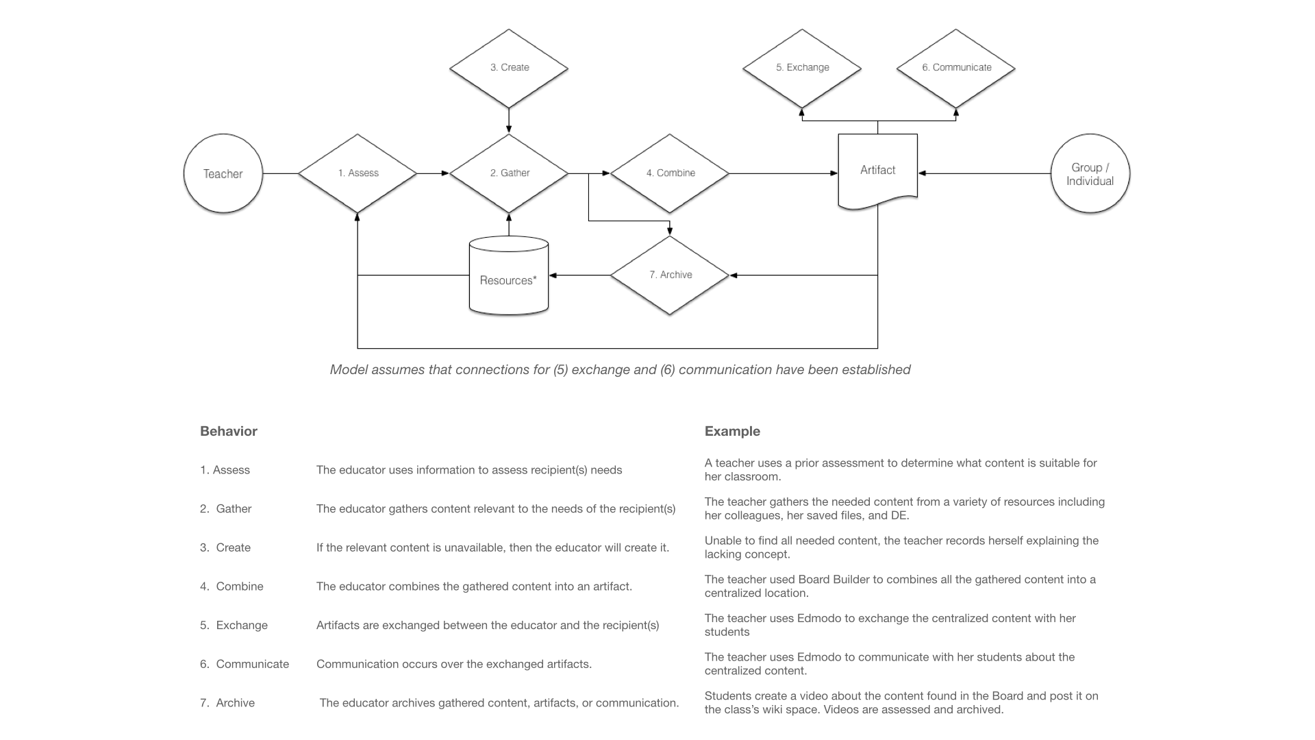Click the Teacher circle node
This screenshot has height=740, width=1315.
tap(223, 173)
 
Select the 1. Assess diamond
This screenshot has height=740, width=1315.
tap(358, 173)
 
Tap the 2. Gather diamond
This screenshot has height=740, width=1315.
tap(509, 173)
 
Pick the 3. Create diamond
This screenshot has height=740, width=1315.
tap(509, 68)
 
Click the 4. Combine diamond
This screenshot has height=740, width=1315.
tap(670, 173)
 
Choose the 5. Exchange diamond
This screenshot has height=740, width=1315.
tap(802, 68)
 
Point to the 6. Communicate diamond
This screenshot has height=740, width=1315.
tap(956, 68)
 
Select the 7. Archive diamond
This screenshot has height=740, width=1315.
tap(670, 275)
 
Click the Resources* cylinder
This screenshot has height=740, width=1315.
tap(509, 275)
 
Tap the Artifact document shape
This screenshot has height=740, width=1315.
tap(878, 171)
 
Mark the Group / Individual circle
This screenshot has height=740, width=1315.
tap(1090, 173)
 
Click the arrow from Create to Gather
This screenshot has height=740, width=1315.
tap(509, 121)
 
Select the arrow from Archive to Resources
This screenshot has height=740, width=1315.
tap(579, 275)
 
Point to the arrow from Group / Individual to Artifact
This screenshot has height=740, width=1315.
tap(984, 173)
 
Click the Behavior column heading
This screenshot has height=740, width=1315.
tap(229, 431)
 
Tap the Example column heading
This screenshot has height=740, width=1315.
tap(732, 431)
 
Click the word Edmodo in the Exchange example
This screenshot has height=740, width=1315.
tap(818, 618)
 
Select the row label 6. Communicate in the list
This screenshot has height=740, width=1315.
tap(245, 664)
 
